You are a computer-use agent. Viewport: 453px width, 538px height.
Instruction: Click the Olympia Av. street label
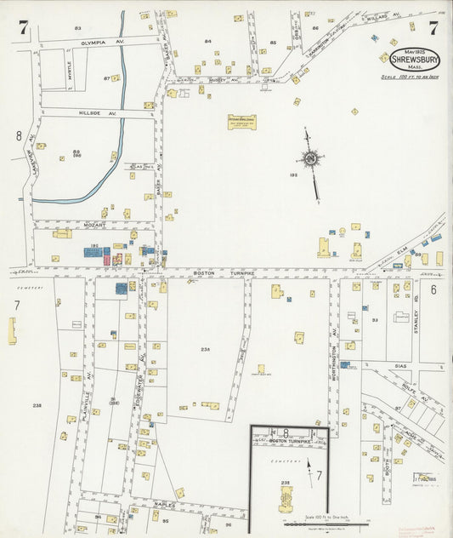click(x=96, y=42)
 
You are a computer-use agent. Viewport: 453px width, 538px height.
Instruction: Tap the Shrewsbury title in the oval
click(x=415, y=59)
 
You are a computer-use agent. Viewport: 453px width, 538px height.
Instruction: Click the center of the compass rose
click(x=311, y=157)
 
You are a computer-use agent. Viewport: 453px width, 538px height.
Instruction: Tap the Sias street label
click(x=401, y=365)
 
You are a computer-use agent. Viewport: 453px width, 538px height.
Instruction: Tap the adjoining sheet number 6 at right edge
click(x=433, y=290)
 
